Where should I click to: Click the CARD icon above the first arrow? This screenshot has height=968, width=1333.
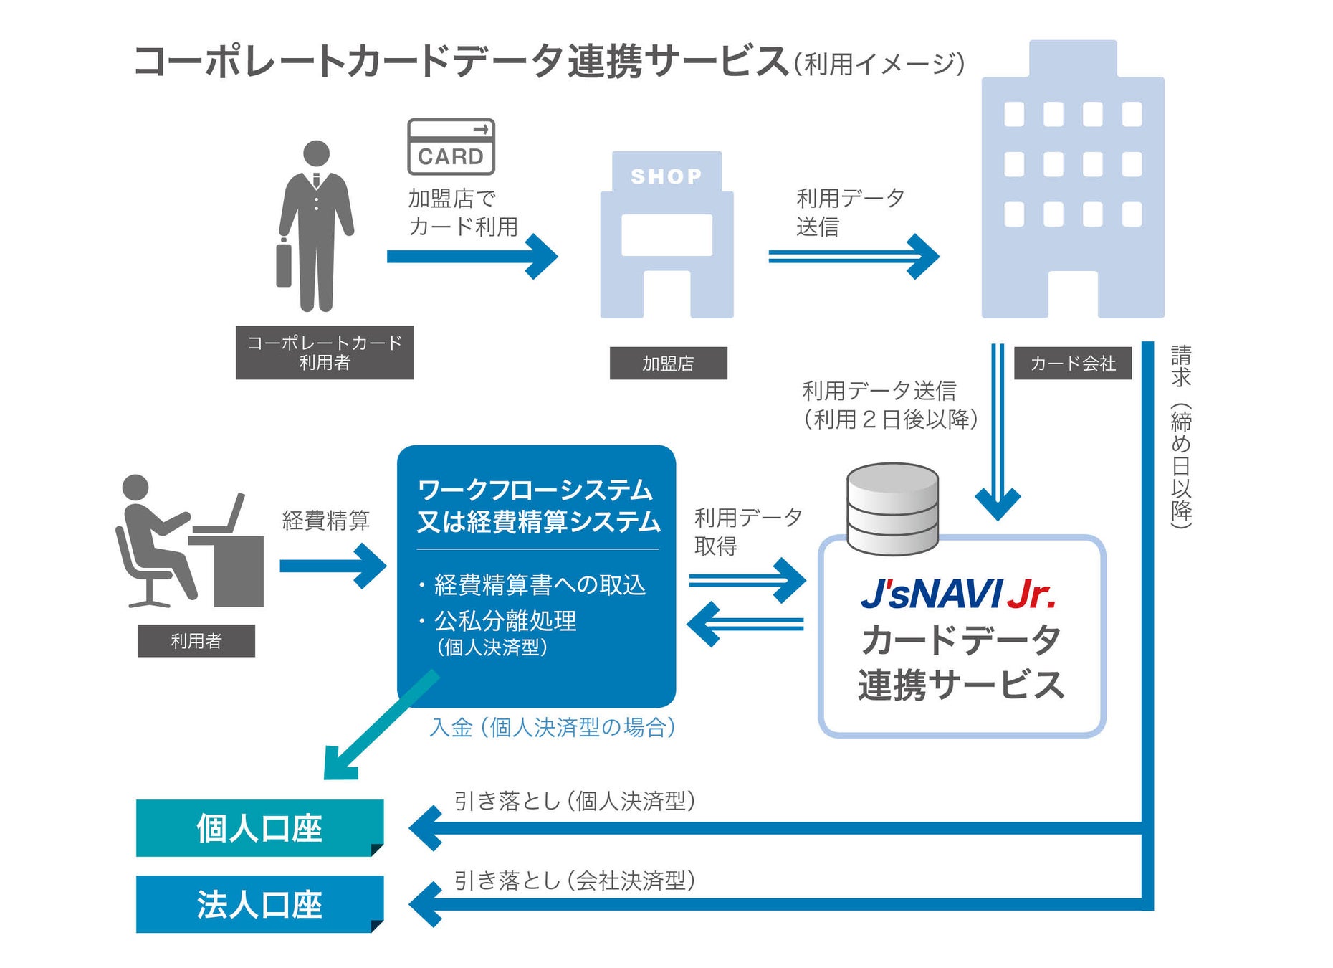tap(451, 147)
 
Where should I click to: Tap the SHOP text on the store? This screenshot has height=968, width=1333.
tap(666, 176)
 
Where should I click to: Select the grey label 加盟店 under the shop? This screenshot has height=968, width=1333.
tap(668, 364)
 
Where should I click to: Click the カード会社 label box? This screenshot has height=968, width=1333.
tap(1072, 364)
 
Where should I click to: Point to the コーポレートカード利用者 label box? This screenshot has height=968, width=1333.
tap(324, 353)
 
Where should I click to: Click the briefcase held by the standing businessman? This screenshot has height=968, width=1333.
tap(284, 265)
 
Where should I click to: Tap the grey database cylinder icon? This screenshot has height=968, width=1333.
tap(892, 508)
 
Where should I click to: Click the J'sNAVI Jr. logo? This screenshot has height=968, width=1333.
tap(959, 594)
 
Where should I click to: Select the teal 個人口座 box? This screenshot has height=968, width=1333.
tap(259, 828)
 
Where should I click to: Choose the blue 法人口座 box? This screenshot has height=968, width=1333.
tap(259, 904)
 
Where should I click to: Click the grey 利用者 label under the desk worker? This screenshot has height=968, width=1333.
tap(196, 641)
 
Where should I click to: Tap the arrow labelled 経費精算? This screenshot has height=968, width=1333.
tap(333, 566)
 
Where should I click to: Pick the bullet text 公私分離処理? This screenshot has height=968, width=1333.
tap(505, 621)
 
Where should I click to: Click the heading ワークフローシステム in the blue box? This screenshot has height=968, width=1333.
tap(535, 490)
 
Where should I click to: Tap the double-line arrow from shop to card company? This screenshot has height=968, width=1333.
tap(852, 257)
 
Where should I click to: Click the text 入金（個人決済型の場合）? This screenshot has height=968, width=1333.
tap(553, 728)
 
